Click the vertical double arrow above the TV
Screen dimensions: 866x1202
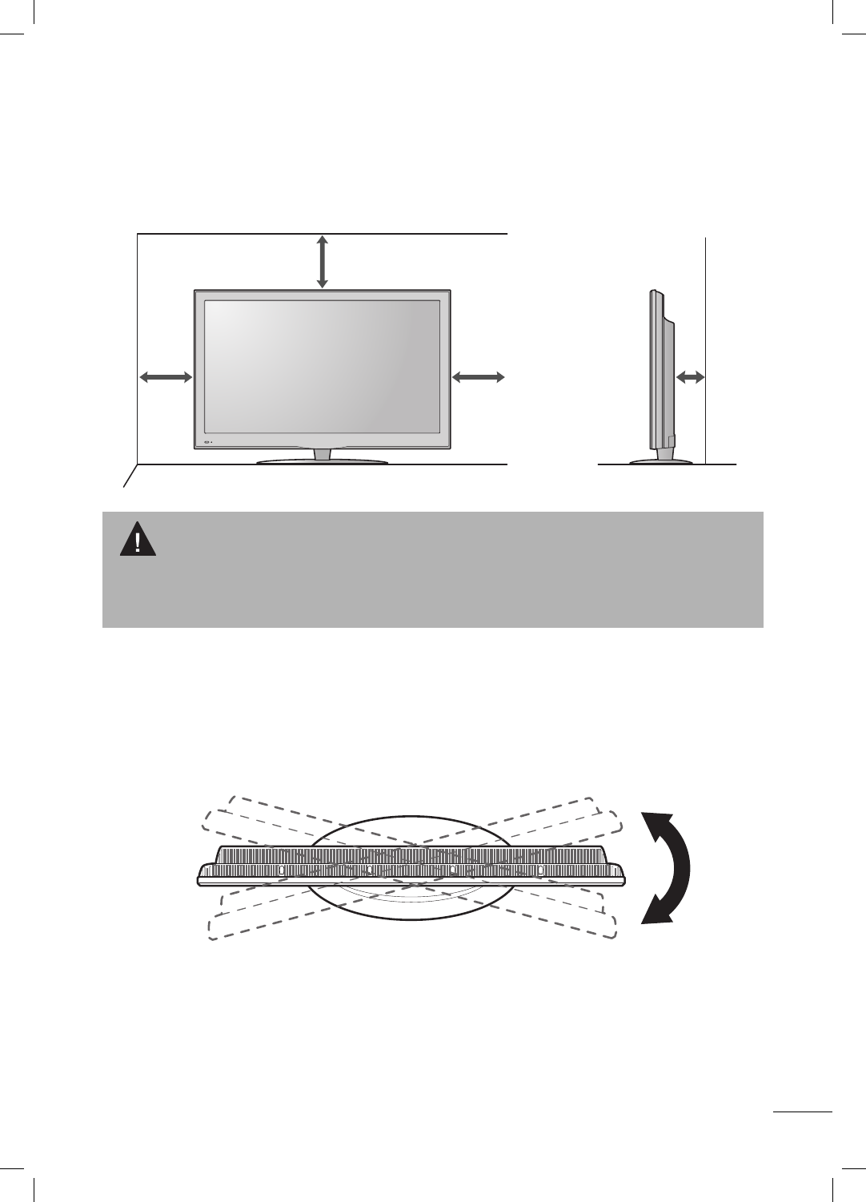tap(322, 261)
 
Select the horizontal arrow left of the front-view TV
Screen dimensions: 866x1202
tap(166, 376)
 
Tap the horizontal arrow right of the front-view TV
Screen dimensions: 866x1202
tap(479, 376)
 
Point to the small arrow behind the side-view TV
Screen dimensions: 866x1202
tap(690, 376)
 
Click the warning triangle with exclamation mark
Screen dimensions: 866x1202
tap(138, 540)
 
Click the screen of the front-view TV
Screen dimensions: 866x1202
tap(322, 367)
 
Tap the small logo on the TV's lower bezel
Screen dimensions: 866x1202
tap(210, 442)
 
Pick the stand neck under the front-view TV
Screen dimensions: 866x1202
tap(322, 453)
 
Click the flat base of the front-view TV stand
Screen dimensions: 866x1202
tap(322, 461)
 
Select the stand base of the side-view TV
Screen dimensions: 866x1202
tap(662, 461)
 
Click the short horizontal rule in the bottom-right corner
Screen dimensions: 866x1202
tap(804, 1111)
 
